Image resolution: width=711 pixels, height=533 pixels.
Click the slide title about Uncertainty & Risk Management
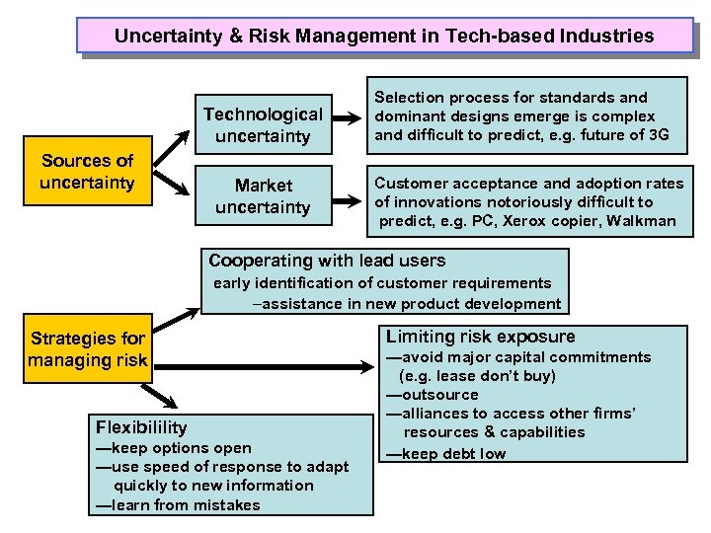(384, 37)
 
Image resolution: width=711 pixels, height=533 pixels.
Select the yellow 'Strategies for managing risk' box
(88, 349)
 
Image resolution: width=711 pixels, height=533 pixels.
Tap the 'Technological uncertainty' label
(263, 125)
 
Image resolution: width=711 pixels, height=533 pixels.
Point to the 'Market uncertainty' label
(264, 196)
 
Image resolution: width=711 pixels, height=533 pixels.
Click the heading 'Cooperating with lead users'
(327, 262)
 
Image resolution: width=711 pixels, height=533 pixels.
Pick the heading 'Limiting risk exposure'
(480, 337)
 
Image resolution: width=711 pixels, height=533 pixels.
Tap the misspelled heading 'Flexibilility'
(141, 427)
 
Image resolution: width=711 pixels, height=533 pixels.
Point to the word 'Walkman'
(643, 220)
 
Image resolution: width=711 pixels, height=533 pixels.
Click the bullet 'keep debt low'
(450, 454)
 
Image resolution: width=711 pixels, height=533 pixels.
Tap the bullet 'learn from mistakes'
(182, 504)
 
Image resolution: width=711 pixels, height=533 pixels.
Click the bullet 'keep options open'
(178, 448)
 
